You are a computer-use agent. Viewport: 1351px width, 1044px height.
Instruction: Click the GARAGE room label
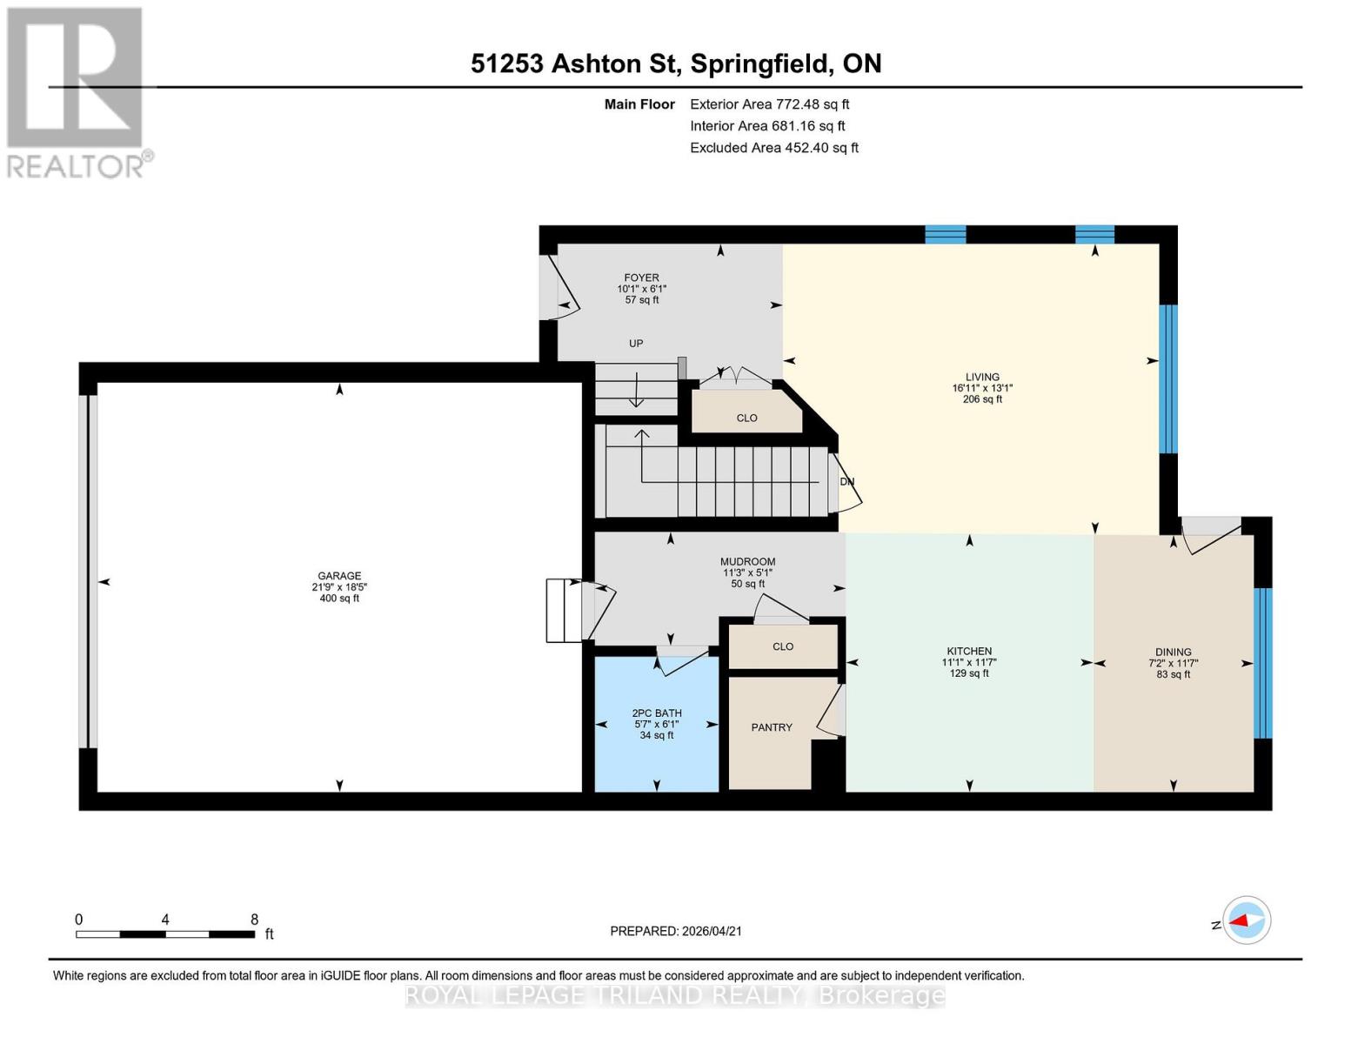(x=339, y=576)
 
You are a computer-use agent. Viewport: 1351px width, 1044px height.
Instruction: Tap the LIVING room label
(x=982, y=378)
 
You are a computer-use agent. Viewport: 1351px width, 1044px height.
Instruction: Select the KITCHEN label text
(x=969, y=652)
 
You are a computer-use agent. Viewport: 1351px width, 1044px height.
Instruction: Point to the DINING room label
(x=1173, y=652)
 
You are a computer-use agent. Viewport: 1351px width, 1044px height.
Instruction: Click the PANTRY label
(x=772, y=727)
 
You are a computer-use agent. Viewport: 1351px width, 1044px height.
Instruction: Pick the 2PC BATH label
(x=657, y=713)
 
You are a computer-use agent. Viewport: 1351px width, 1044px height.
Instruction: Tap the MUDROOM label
(x=747, y=562)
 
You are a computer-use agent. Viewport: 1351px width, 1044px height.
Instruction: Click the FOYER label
(x=641, y=278)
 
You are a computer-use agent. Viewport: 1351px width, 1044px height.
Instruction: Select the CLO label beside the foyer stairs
(x=746, y=418)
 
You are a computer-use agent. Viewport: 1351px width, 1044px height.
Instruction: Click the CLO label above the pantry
(x=783, y=647)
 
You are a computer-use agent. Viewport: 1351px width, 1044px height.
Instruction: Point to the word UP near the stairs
(x=636, y=344)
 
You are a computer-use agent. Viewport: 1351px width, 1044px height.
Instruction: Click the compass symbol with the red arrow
(x=1247, y=920)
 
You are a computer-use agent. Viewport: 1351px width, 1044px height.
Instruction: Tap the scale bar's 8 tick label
(x=254, y=920)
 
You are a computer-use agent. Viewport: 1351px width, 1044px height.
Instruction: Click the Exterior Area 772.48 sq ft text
(x=769, y=104)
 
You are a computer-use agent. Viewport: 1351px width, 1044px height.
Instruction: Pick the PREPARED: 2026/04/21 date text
(x=676, y=931)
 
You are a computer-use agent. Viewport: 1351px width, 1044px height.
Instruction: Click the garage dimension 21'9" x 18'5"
(x=339, y=587)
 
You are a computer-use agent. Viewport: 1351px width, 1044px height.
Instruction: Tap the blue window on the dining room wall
(x=1262, y=663)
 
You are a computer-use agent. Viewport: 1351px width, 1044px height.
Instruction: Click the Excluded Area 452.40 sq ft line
(x=774, y=148)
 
